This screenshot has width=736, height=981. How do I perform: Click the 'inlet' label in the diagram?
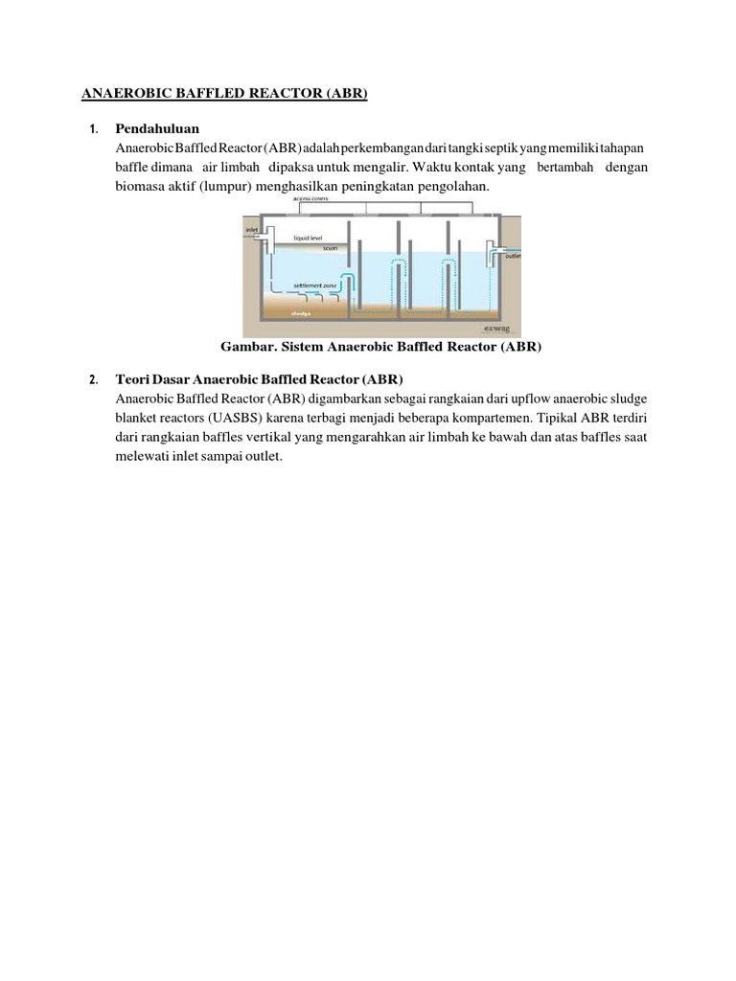pos(252,230)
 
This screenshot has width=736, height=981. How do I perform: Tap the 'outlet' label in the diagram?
pos(513,256)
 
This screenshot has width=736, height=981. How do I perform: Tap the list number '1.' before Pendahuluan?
pos(93,129)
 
